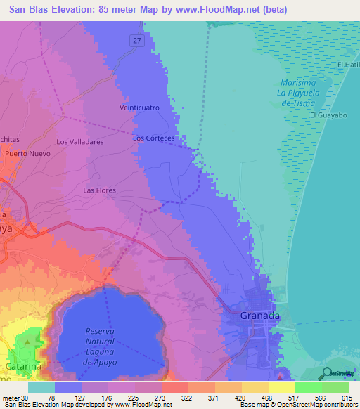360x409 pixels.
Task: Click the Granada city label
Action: [260, 316]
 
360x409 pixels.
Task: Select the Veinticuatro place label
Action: [140, 108]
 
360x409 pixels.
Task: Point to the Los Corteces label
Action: [153, 138]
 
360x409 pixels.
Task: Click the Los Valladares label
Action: [80, 141]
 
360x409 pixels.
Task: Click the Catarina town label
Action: [23, 366]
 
